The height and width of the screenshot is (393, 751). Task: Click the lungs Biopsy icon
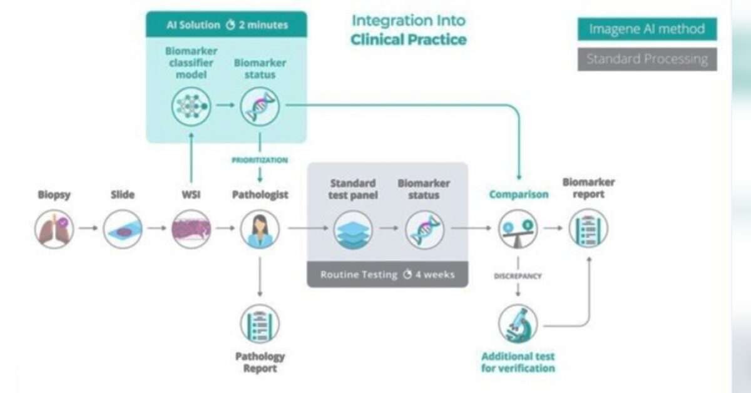coord(54,228)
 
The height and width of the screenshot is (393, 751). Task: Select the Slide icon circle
coord(123,228)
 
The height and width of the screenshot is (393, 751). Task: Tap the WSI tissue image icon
coord(191,228)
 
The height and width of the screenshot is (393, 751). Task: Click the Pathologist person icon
coord(260,228)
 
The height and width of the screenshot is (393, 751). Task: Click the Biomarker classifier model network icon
coord(191,106)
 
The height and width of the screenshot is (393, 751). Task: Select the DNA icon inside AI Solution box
coord(260,106)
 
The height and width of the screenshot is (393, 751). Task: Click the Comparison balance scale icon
coord(518,228)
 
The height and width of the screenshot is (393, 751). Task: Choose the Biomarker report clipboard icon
coord(588,228)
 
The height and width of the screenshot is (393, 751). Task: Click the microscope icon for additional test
coord(518,324)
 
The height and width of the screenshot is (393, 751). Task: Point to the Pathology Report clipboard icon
coord(260,324)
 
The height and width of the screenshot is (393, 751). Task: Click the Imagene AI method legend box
coord(647,29)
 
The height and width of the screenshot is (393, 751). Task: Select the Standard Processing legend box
coord(647,59)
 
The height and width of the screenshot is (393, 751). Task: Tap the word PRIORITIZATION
coord(260,160)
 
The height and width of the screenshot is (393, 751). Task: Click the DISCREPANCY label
coord(518,275)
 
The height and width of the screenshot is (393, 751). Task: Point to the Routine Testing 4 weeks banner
coord(387,275)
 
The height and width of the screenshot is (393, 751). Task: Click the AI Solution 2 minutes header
coord(227,25)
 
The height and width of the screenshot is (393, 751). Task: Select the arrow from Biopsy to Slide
coord(88,228)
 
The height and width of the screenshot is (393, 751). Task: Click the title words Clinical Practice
coord(408,39)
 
